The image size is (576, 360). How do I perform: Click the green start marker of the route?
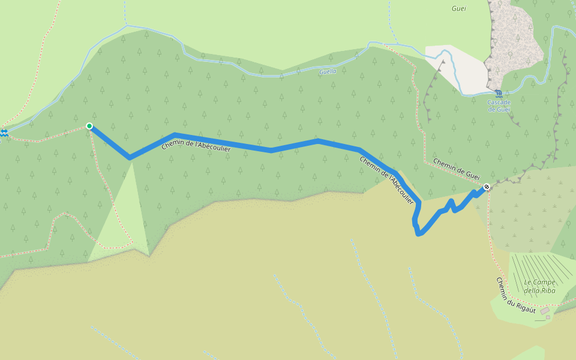89,126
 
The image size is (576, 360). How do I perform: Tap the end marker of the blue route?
487,187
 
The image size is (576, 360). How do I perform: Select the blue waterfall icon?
499,93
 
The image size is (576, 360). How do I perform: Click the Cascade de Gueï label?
499,106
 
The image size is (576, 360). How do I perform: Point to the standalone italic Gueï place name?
458,8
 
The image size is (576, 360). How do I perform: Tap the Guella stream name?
328,71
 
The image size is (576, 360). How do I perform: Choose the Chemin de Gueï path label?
457,169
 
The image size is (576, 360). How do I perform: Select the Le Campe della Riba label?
539,286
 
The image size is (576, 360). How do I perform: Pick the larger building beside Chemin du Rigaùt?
544,311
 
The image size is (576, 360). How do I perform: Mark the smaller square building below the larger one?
548,317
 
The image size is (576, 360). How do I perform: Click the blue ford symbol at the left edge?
4,132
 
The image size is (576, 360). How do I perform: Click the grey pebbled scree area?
513,42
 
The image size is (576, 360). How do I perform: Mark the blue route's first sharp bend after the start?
130,158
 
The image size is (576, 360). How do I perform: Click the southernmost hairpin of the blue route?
419,233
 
